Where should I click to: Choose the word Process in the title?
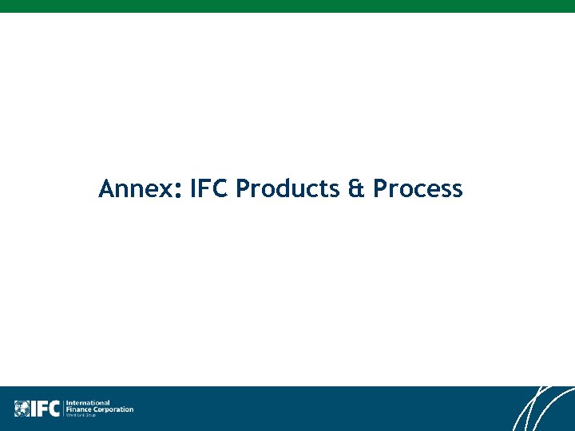click(x=418, y=189)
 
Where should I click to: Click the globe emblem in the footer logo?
click(x=22, y=409)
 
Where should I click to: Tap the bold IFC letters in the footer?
click(x=46, y=409)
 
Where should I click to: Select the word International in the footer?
click(x=88, y=403)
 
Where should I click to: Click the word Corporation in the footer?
click(x=113, y=409)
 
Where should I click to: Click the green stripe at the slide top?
click(x=287, y=6)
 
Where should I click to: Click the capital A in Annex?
click(x=106, y=189)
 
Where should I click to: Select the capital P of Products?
click(x=243, y=189)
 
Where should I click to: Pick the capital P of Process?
click(x=380, y=189)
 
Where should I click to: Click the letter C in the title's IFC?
click(x=221, y=189)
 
